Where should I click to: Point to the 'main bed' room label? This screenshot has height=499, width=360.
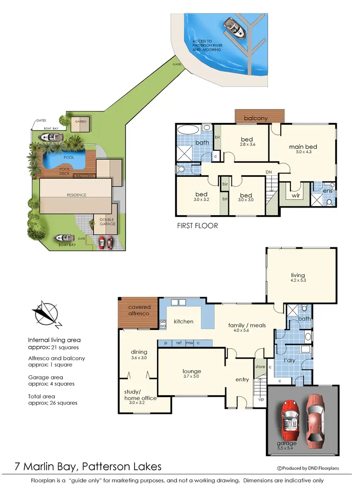coord(303,147)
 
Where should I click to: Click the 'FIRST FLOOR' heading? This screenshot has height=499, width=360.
coord(197,225)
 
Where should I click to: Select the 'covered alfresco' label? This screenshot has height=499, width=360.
coord(139,310)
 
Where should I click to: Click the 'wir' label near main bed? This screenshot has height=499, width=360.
coord(296,196)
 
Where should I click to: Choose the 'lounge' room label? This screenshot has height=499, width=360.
coord(192,371)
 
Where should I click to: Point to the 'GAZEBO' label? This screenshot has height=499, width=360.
coord(80,122)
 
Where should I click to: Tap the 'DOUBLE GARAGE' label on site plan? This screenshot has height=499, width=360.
coord(107,222)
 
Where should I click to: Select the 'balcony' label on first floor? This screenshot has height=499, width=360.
coord(256,118)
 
